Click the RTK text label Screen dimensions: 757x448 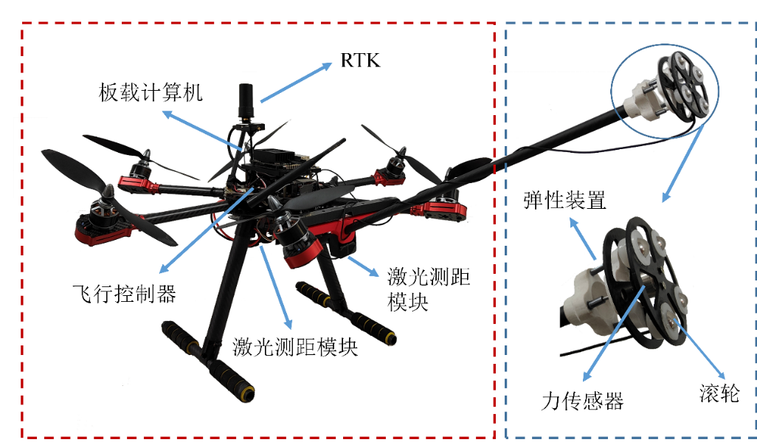tap(360, 61)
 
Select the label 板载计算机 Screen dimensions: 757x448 tap(151, 92)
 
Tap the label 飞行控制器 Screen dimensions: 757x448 tap(124, 294)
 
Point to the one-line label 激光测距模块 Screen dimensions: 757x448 tap(295, 347)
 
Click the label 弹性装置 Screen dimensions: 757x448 tap(564, 200)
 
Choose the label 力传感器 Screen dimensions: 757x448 tap(583, 401)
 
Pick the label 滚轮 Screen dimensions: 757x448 tap(719, 393)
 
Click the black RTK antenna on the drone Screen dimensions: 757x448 tap(246, 100)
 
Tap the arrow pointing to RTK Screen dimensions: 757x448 tap(297, 83)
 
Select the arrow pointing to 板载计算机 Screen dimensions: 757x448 tap(202, 130)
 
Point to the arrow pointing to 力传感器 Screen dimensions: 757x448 tap(614, 333)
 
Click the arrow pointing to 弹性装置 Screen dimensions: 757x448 tap(583, 239)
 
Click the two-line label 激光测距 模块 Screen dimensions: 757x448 tap(429, 289)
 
